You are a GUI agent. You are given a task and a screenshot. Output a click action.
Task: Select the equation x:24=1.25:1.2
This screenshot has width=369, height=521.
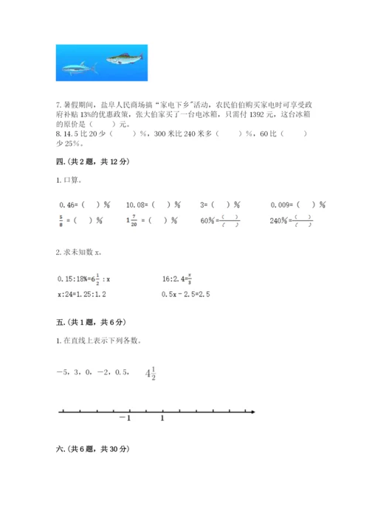pos(85,295)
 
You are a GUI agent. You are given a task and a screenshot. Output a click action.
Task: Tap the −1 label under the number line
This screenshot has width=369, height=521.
pos(123,419)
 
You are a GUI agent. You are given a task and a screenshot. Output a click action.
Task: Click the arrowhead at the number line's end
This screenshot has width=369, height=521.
pos(253,410)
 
